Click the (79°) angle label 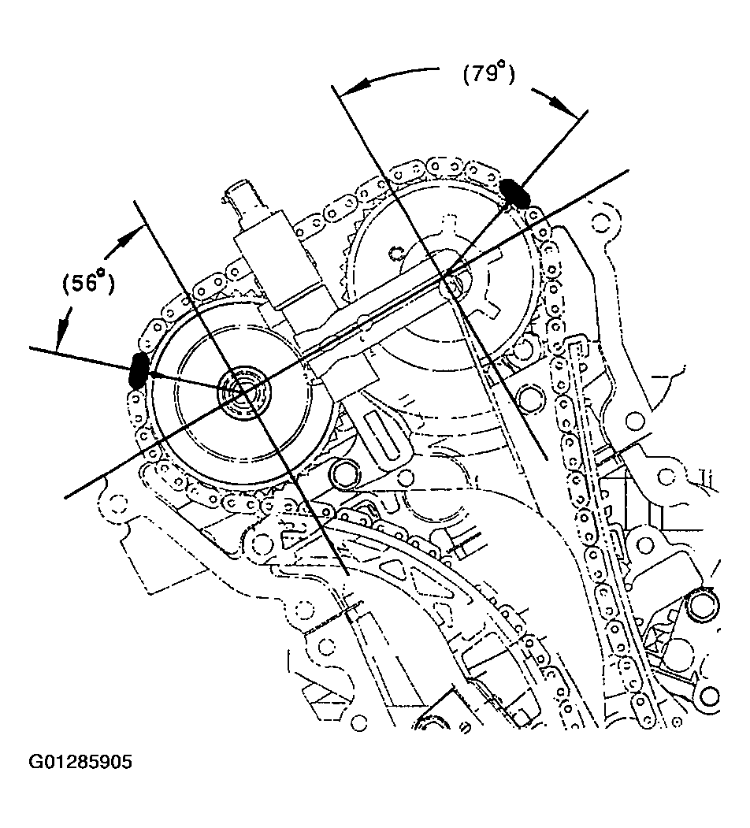coord(488,76)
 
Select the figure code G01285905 coord(81,763)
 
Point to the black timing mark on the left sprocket coord(139,369)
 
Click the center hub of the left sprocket coord(243,388)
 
